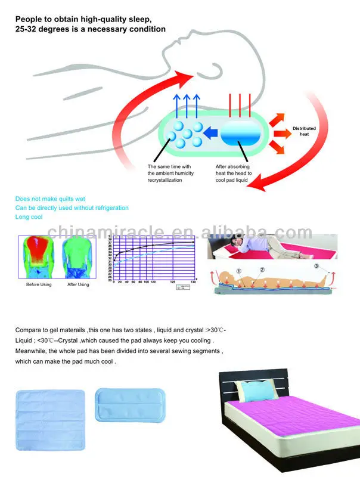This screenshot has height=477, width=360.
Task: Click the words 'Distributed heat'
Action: point(304,131)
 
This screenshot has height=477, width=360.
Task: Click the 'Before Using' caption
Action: point(39,284)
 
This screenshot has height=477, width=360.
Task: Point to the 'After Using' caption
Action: point(76,284)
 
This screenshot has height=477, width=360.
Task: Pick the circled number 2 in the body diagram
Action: point(262,270)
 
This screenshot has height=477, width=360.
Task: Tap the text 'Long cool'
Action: point(29,217)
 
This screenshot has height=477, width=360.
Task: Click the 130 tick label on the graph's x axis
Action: point(193,281)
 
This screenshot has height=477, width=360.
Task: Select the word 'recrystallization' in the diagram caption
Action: point(165,180)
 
